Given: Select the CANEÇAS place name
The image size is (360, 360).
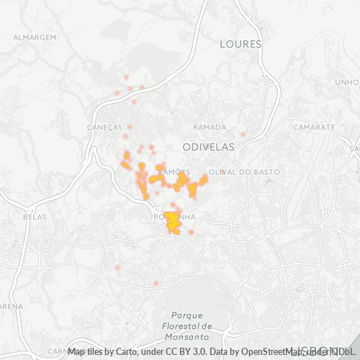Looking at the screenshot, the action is pyautogui.click(x=105, y=126).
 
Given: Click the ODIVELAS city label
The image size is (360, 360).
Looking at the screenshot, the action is pyautogui.click(x=210, y=145).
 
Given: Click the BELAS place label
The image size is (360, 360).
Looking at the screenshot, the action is pyautogui.click(x=35, y=216).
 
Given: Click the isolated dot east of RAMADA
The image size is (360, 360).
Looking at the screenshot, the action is pyautogui.click(x=243, y=134).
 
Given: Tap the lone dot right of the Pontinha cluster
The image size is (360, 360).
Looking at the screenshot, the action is pyautogui.click(x=192, y=232).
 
